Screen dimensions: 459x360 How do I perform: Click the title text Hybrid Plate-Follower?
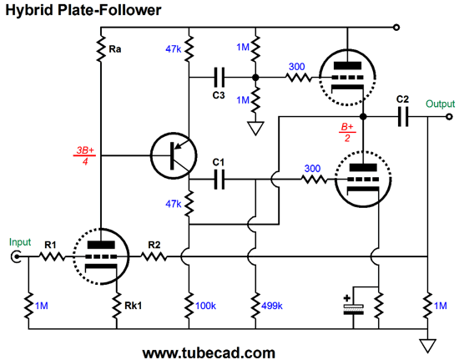(x=83, y=10)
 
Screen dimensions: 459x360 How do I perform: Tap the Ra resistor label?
(x=115, y=49)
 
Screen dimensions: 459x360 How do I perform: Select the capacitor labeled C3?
(x=219, y=78)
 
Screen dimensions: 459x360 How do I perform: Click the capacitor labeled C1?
(x=219, y=180)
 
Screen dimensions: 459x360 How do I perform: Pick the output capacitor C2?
(x=403, y=117)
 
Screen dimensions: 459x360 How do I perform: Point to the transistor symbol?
(x=174, y=155)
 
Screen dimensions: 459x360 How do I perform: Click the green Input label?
(x=20, y=242)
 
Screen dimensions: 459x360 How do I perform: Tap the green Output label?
(x=440, y=104)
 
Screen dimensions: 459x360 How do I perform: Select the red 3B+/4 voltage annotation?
(x=85, y=155)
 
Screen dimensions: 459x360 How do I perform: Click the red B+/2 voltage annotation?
(x=347, y=132)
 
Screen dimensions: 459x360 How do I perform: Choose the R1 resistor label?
(x=50, y=245)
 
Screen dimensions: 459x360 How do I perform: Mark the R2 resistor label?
(x=154, y=245)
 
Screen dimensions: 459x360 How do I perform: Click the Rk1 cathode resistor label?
(x=134, y=306)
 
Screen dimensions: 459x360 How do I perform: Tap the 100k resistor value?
(x=205, y=306)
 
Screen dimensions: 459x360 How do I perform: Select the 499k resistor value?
(x=272, y=306)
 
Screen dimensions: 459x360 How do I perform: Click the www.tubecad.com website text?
(x=209, y=352)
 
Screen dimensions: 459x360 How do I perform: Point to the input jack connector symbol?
(x=16, y=257)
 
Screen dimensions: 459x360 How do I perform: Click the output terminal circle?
(x=449, y=117)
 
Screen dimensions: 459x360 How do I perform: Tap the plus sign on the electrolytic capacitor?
(x=347, y=298)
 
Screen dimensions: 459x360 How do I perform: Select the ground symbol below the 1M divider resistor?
(x=255, y=129)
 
